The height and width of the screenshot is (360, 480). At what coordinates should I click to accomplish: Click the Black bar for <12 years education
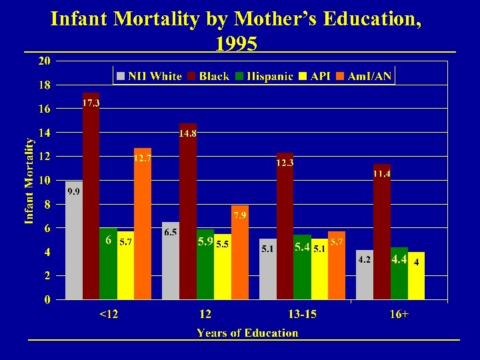coord(91,200)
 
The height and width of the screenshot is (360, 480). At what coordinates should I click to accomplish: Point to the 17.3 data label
coord(91,103)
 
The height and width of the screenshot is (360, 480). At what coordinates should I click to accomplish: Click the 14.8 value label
coord(187,133)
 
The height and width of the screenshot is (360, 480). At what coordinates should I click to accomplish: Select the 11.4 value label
coord(381,174)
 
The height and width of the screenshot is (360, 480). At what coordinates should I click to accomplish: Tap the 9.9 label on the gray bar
coord(74,192)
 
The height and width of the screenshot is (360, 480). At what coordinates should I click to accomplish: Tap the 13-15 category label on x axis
coord(302,314)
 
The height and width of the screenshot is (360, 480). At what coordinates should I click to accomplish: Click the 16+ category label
coord(399,314)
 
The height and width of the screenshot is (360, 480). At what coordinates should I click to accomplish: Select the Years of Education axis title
coord(247,333)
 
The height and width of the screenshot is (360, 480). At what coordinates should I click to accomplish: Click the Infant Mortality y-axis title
coord(29,181)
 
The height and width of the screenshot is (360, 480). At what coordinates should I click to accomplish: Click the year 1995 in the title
coord(236,43)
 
